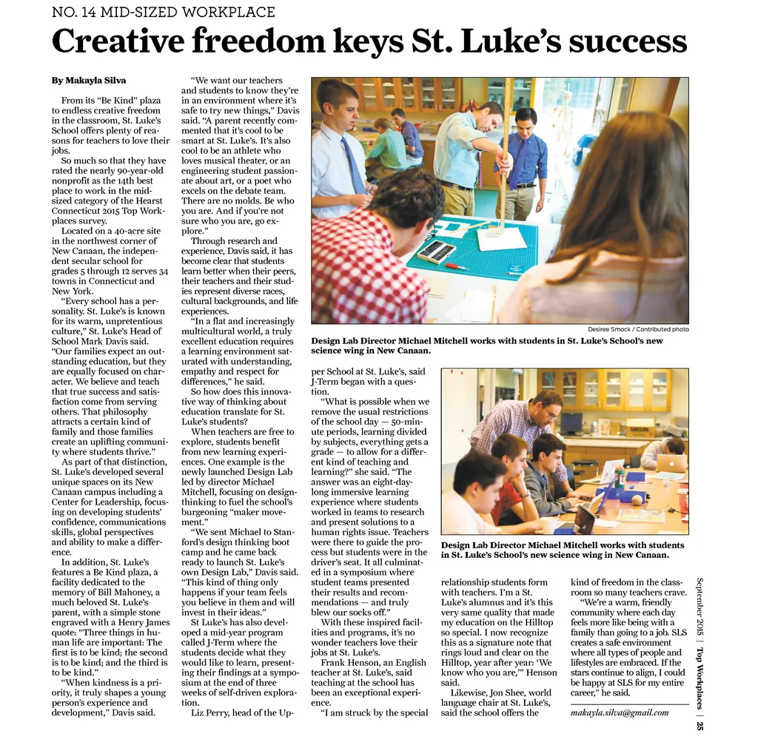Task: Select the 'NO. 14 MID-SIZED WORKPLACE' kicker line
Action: pos(163,13)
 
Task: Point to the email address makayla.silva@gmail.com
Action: pos(620,712)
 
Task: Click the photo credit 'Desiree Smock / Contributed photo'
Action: pos(638,329)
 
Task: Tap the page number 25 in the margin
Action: pos(700,725)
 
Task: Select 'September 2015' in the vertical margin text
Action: pos(700,606)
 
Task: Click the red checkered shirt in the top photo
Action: pos(358,266)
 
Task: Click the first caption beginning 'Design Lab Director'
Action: pos(486,345)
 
